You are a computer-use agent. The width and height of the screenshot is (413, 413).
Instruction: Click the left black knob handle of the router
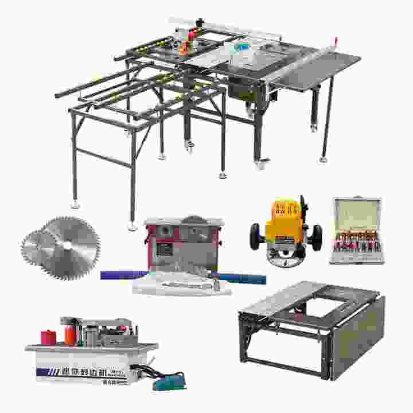tap(256, 235)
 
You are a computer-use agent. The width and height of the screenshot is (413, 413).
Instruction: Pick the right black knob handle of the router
tap(316, 235)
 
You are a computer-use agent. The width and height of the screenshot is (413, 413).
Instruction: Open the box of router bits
tap(356, 231)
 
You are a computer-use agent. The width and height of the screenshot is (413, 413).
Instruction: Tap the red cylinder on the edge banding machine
tap(49, 337)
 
